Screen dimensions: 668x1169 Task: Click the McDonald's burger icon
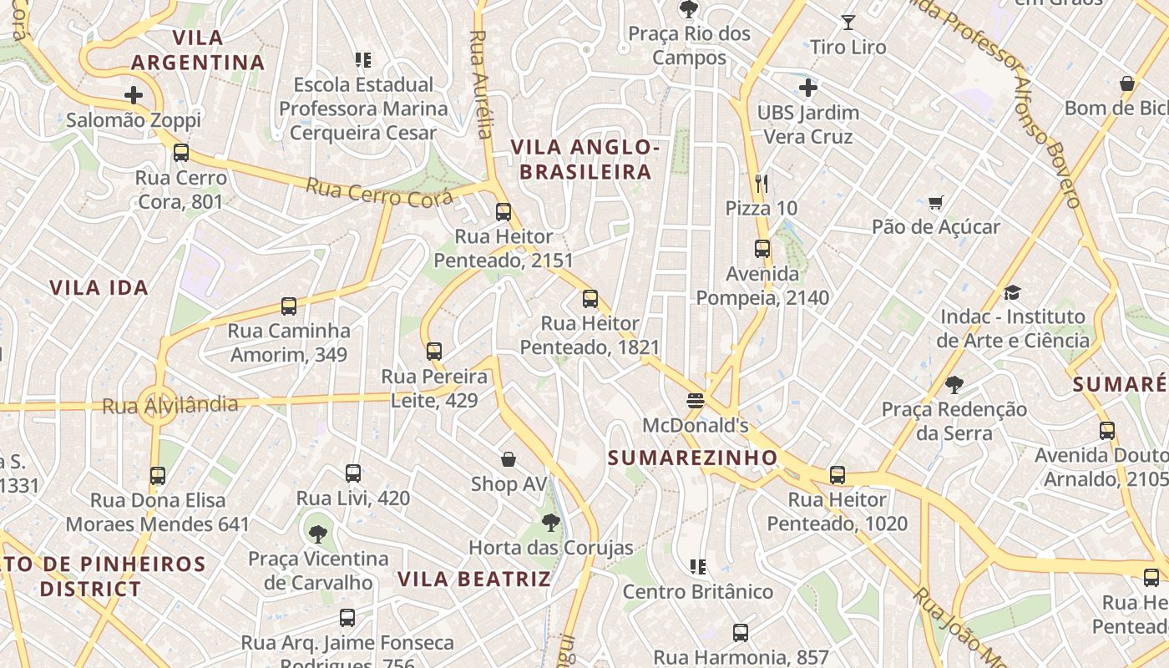(695, 401)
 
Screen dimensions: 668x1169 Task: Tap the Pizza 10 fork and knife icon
(761, 183)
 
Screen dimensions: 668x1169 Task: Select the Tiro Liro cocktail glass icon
(848, 23)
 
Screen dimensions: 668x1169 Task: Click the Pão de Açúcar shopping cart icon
(935, 202)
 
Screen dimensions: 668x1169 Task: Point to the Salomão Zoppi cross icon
(134, 95)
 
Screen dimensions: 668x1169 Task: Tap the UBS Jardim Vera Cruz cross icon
(807, 87)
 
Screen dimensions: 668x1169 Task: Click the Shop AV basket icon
(509, 459)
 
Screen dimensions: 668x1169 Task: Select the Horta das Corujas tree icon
(550, 523)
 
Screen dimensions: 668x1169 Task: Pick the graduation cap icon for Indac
(1012, 292)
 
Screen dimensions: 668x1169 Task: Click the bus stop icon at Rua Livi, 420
(353, 473)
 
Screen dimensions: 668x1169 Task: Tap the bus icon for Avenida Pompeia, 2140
(762, 248)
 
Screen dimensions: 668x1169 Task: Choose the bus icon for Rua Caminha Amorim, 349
(289, 306)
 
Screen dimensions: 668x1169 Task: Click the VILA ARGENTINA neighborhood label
(198, 50)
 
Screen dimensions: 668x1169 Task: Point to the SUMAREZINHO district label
(692, 458)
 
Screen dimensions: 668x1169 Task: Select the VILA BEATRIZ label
(473, 579)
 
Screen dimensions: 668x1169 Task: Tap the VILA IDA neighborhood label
(99, 288)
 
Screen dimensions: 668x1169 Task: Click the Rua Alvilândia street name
(170, 405)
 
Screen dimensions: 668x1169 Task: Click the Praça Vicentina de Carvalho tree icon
(317, 534)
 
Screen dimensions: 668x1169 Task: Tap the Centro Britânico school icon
(698, 567)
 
